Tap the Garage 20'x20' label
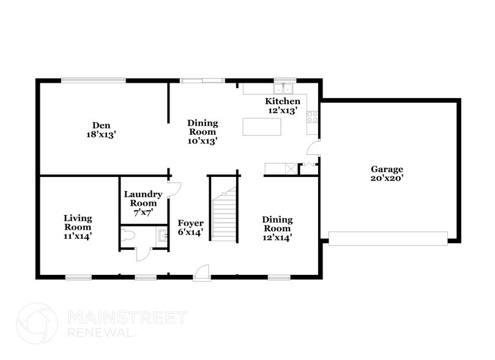click(x=387, y=173)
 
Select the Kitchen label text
click(x=282, y=105)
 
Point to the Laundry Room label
click(x=143, y=201)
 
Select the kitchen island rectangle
click(x=262, y=126)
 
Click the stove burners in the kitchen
click(x=312, y=116)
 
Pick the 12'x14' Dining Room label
click(x=277, y=228)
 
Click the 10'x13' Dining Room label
click(x=202, y=132)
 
